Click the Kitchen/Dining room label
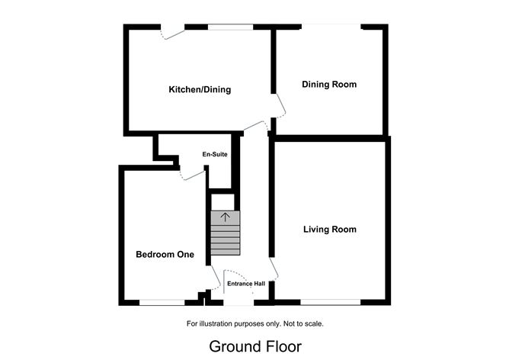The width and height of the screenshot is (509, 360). tap(200, 90)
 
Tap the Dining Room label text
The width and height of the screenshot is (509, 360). tap(329, 85)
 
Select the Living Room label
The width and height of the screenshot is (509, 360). tap(329, 230)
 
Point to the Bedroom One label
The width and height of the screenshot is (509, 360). tap(165, 255)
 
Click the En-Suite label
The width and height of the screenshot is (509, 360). tap(215, 155)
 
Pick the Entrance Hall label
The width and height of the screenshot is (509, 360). tap(246, 284)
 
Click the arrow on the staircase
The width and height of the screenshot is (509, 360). tap(225, 217)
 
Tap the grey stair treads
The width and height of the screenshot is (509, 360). tap(225, 240)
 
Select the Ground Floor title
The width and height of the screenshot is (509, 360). tap(254, 346)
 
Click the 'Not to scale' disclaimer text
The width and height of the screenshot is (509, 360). tap(254, 323)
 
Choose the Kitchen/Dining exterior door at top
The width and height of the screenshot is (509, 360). tap(172, 31)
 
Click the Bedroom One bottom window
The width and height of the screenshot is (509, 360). tap(162, 303)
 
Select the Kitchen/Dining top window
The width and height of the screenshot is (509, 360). tap(231, 27)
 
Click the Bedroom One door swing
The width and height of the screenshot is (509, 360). tap(211, 278)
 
